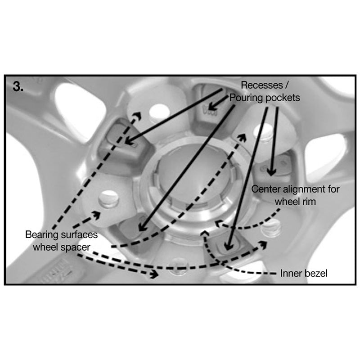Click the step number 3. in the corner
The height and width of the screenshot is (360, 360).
(18, 87)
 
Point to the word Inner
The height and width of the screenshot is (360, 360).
(290, 273)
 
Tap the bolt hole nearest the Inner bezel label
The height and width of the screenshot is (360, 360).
(271, 230)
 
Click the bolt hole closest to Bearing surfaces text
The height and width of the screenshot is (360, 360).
(107, 199)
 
